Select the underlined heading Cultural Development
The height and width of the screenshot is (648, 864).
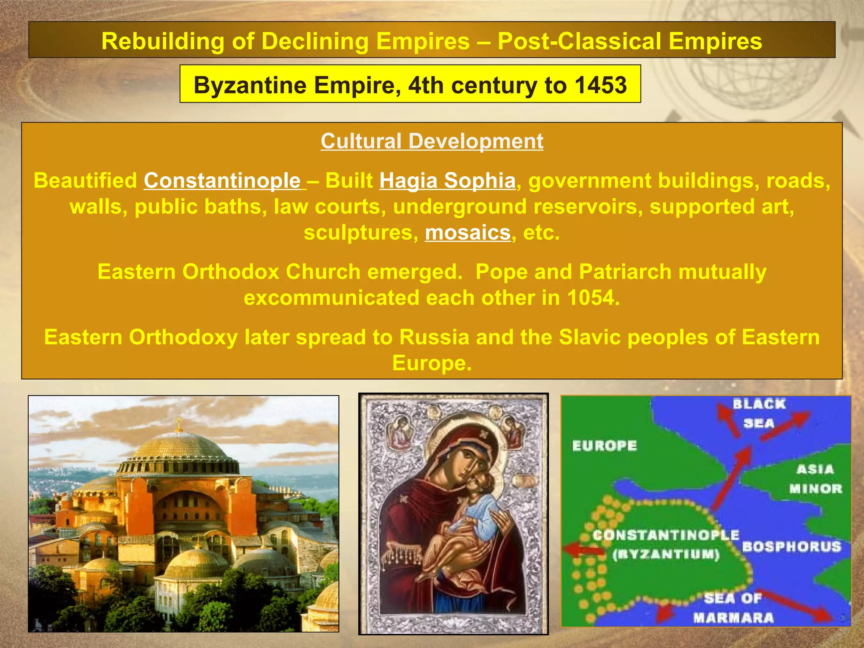(x=432, y=141)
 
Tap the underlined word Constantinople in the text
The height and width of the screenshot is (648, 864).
(x=222, y=181)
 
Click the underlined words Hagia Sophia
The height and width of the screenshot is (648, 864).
(x=447, y=181)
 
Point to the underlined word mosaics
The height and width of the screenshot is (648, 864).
(x=467, y=232)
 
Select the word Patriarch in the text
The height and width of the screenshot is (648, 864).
(x=625, y=272)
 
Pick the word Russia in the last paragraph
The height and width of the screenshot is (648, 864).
(x=434, y=337)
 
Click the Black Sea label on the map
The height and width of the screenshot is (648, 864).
(x=759, y=413)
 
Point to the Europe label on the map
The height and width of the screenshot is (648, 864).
(x=604, y=446)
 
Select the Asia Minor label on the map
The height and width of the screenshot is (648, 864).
(x=815, y=479)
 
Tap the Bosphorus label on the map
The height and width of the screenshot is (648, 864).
(x=791, y=547)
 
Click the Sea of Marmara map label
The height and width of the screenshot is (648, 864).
(x=733, y=608)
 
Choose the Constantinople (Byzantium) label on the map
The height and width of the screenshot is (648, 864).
(x=666, y=544)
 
